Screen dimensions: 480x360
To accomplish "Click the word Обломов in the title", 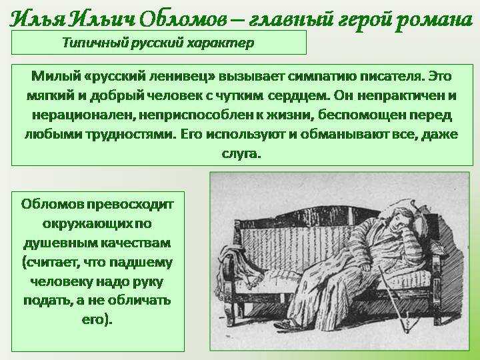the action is pos(183,19).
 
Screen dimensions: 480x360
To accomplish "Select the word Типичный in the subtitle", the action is pos(95,43).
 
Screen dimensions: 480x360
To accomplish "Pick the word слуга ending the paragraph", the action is pos(241,153).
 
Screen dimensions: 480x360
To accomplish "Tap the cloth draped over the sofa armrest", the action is pos(241,259).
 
